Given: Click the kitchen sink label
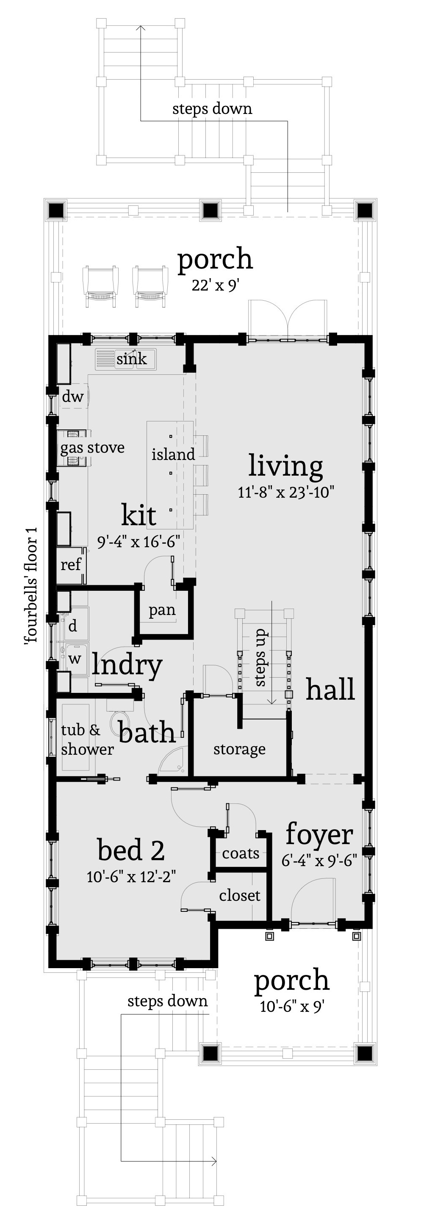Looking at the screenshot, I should pyautogui.click(x=131, y=359).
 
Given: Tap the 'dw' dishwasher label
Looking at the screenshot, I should pyautogui.click(x=72, y=396).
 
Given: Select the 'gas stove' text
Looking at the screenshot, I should pyautogui.click(x=92, y=448).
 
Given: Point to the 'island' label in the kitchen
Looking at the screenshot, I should pyautogui.click(x=173, y=454).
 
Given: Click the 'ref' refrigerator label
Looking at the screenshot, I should pyautogui.click(x=71, y=564).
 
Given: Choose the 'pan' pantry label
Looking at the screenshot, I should pyautogui.click(x=162, y=610).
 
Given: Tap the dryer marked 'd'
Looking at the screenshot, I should pyautogui.click(x=72, y=626).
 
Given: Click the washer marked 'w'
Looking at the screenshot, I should pyautogui.click(x=75, y=659).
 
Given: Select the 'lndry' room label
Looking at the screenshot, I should pyautogui.click(x=127, y=665).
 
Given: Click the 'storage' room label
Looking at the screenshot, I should pyautogui.click(x=239, y=749).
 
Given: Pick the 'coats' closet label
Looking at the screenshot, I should pyautogui.click(x=241, y=853).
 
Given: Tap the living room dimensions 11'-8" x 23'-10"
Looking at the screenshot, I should pyautogui.click(x=286, y=492).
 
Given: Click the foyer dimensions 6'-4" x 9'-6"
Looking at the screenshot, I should pyautogui.click(x=319, y=860).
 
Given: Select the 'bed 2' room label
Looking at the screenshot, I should pyautogui.click(x=131, y=850).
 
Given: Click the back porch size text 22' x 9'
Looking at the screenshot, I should pyautogui.click(x=215, y=285).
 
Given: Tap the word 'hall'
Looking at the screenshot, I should pyautogui.click(x=330, y=689).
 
